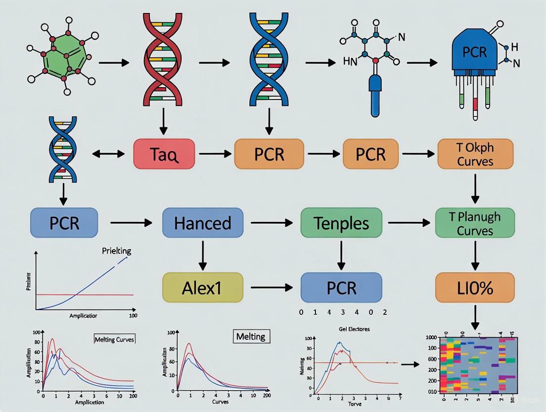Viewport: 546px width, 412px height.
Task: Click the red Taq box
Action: [165, 154]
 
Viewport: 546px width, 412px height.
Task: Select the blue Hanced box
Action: [203, 223]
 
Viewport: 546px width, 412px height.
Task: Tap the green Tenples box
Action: [341, 223]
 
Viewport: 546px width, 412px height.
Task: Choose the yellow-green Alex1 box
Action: [203, 288]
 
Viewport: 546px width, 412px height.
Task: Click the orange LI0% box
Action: [475, 288]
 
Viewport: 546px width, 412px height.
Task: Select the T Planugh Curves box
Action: [475, 223]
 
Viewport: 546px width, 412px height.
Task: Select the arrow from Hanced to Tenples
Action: [272, 223]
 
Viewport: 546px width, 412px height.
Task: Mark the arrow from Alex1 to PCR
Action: [272, 287]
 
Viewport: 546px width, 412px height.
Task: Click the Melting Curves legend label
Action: [114, 339]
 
